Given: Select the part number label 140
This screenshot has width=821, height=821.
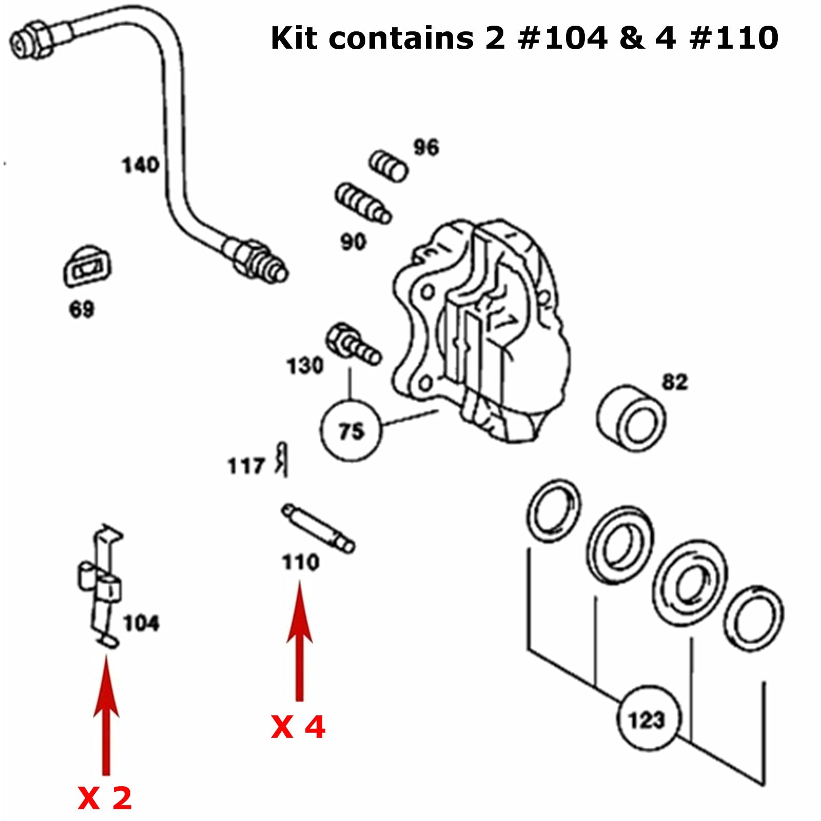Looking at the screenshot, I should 140,165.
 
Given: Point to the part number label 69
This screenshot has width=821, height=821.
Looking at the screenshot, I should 82,309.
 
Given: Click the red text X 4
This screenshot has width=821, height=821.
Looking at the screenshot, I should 298,727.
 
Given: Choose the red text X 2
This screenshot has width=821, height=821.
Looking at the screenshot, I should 105,798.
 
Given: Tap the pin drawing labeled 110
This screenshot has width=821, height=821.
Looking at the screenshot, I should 318,528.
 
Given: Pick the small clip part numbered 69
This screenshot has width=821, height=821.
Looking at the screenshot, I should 87,267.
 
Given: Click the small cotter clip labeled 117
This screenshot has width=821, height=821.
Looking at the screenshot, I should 282,458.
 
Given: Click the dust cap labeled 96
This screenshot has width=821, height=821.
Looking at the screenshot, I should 388,166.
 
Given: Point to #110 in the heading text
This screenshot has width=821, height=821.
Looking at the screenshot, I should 734,38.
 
